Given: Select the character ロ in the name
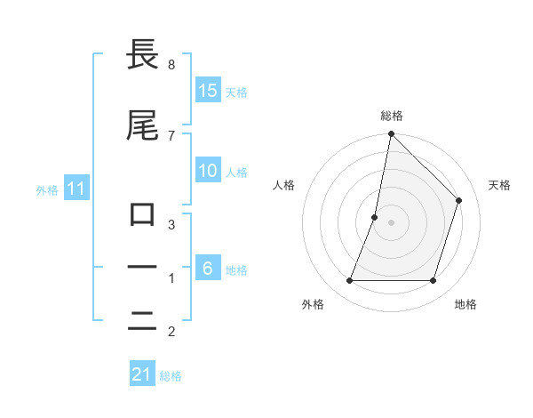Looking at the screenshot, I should point(142,214).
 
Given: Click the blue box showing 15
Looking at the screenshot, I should point(208,91).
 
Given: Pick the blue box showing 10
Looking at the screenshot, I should point(208,172).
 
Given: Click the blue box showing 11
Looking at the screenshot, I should point(76,189).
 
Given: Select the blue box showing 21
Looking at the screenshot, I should point(142,374).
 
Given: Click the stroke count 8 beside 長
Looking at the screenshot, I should point(171,65).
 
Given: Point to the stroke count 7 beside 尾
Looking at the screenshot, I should point(171,135).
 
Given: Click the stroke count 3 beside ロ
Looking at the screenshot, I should point(171,225).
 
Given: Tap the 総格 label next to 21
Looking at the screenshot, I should point(171,376).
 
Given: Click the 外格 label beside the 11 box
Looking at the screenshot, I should point(47,190).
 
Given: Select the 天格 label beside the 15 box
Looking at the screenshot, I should point(236,92).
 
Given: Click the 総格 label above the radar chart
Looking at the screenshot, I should point(391,116).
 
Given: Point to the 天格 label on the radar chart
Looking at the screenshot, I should point(499,185).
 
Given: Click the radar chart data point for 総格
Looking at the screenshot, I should point(391,133).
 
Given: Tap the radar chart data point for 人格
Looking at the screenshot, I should point(375,217).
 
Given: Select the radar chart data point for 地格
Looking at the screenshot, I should point(434,281).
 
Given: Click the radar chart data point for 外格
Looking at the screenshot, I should point(349,281).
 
